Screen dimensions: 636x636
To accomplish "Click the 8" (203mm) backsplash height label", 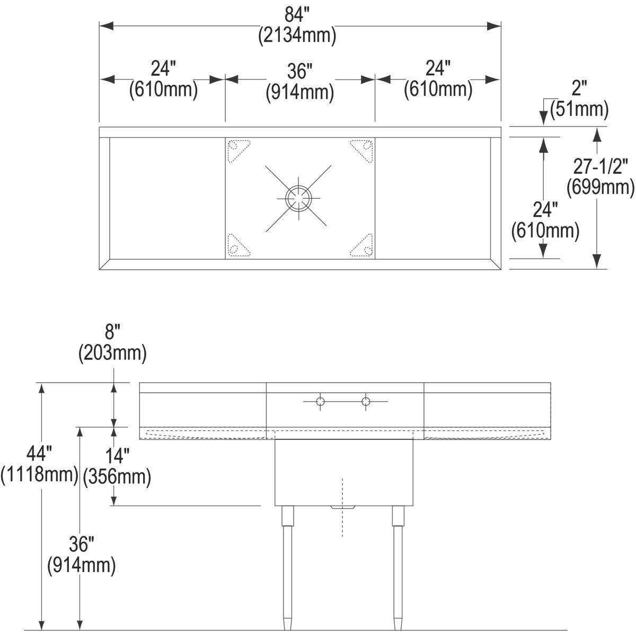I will coord(112,344).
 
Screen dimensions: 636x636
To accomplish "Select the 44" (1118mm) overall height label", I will coord(40,464).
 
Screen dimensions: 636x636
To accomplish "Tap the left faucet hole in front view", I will coord(320,402).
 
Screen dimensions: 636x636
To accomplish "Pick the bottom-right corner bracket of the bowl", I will coord(363,245).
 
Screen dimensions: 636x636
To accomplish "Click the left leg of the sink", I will coord(287,567).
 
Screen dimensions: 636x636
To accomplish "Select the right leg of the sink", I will coord(397,567).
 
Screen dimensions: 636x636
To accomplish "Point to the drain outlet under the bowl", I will coord(342,508).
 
